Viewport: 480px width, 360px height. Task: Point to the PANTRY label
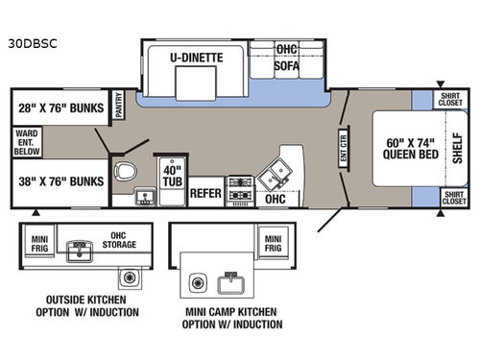click(x=119, y=104)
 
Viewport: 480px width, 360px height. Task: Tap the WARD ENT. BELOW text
click(x=27, y=140)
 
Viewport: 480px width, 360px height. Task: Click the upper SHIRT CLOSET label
click(x=454, y=99)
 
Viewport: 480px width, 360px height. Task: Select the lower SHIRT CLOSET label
click(x=454, y=198)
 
